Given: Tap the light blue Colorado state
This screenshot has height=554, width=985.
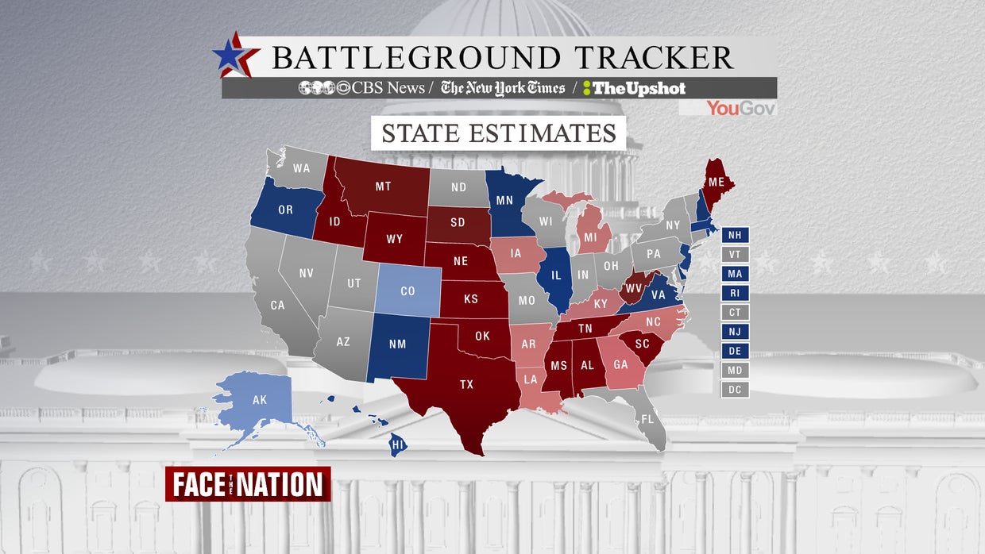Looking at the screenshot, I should pyautogui.click(x=408, y=291).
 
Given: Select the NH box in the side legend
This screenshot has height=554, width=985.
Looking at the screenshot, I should pyautogui.click(x=735, y=235).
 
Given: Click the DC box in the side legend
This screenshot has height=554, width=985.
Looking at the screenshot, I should pyautogui.click(x=735, y=390).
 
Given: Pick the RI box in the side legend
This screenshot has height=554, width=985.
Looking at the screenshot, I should pyautogui.click(x=735, y=293).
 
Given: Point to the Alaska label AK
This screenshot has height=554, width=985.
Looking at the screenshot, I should pyautogui.click(x=260, y=400).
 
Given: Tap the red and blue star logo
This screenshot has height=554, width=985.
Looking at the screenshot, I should pyautogui.click(x=236, y=56).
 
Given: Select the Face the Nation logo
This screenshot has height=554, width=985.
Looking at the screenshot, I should pyautogui.click(x=248, y=484).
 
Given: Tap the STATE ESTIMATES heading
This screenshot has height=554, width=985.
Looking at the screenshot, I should pyautogui.click(x=499, y=133).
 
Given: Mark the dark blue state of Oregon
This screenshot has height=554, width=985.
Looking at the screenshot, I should pyautogui.click(x=285, y=210).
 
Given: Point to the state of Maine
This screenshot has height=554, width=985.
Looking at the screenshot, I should pyautogui.click(x=717, y=183).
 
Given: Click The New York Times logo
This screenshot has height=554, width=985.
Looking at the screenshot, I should pyautogui.click(x=503, y=88).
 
